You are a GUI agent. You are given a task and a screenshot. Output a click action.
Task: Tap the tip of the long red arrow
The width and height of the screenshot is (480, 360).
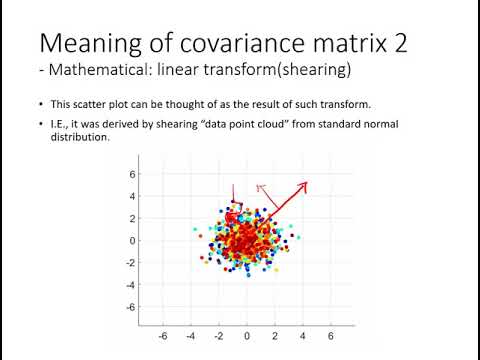[x=306, y=183]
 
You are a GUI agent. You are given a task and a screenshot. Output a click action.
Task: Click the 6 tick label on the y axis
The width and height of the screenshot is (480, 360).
[x=130, y=174]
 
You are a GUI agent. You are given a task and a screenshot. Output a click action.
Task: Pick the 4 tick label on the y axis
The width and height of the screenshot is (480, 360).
[x=130, y=196]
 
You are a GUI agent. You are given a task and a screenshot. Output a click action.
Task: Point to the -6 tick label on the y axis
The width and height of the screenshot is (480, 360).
[x=128, y=307]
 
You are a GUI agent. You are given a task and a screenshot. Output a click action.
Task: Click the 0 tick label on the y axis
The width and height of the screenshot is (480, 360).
[x=130, y=240]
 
